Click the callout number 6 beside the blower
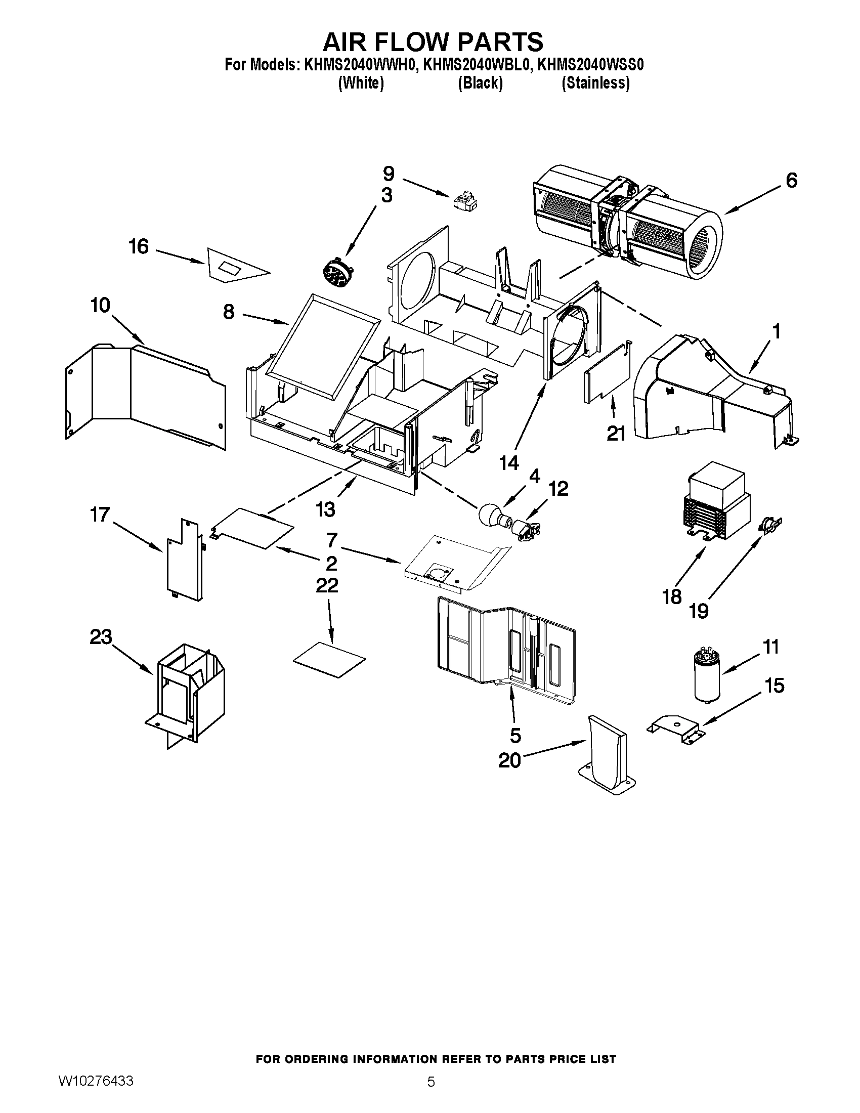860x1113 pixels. click(791, 181)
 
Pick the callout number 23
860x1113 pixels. click(101, 637)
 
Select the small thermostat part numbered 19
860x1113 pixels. click(769, 526)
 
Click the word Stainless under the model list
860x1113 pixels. click(595, 83)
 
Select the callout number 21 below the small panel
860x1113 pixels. click(616, 434)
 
